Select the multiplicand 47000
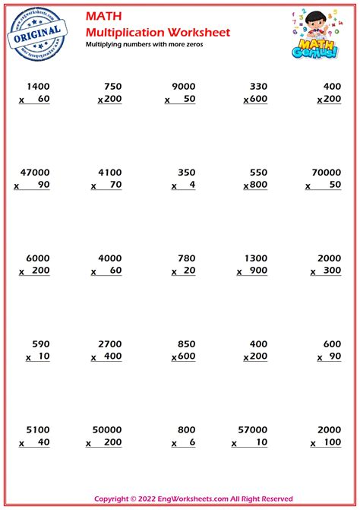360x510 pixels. point(33,172)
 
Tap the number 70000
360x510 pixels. point(324,172)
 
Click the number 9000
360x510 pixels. point(182,86)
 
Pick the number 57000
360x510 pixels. point(252,428)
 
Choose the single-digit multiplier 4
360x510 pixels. point(192,185)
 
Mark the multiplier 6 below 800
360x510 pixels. point(192,442)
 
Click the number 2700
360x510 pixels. point(109,343)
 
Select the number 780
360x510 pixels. point(185,257)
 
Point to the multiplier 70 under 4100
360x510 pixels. point(115,185)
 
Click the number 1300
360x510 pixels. point(254,257)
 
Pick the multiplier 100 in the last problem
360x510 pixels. point(331,442)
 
